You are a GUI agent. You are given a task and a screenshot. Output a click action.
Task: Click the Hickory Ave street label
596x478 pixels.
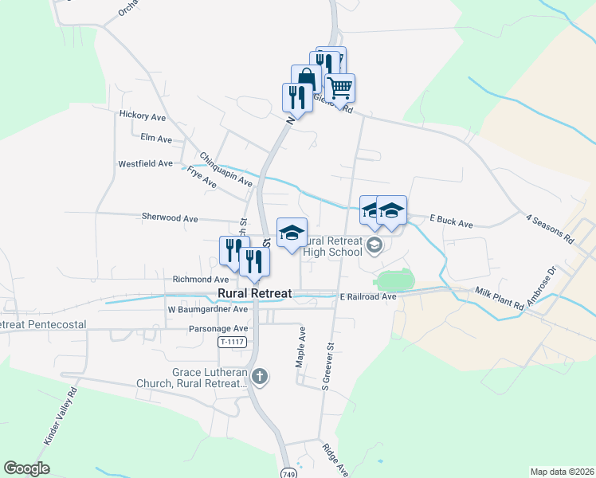pyautogui.click(x=142, y=116)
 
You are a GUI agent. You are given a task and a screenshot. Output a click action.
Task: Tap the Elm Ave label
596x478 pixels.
pyautogui.click(x=156, y=139)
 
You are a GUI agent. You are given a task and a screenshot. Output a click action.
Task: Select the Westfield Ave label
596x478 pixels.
pyautogui.click(x=145, y=163)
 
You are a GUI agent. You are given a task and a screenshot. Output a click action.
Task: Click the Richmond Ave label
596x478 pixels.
pyautogui.click(x=200, y=280)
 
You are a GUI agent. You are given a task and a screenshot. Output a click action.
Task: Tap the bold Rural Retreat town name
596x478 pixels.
pyautogui.click(x=250, y=293)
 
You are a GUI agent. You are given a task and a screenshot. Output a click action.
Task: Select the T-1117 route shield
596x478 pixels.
pyautogui.click(x=230, y=342)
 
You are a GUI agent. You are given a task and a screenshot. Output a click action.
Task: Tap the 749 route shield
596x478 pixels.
pyautogui.click(x=288, y=473)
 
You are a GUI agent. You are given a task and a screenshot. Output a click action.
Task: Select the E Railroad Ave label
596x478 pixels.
pyautogui.click(x=367, y=296)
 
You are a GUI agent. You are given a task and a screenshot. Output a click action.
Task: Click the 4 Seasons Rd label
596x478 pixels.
pyautogui.click(x=550, y=228)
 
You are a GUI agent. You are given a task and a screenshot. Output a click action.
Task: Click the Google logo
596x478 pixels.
pyautogui.click(x=26, y=468)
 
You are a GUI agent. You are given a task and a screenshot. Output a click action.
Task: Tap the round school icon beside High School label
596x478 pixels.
pyautogui.click(x=376, y=246)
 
